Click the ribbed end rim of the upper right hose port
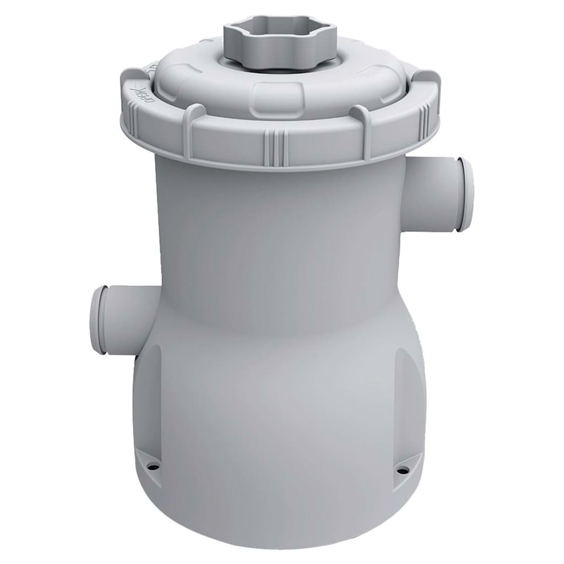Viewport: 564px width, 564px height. pyautogui.click(x=465, y=195)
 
